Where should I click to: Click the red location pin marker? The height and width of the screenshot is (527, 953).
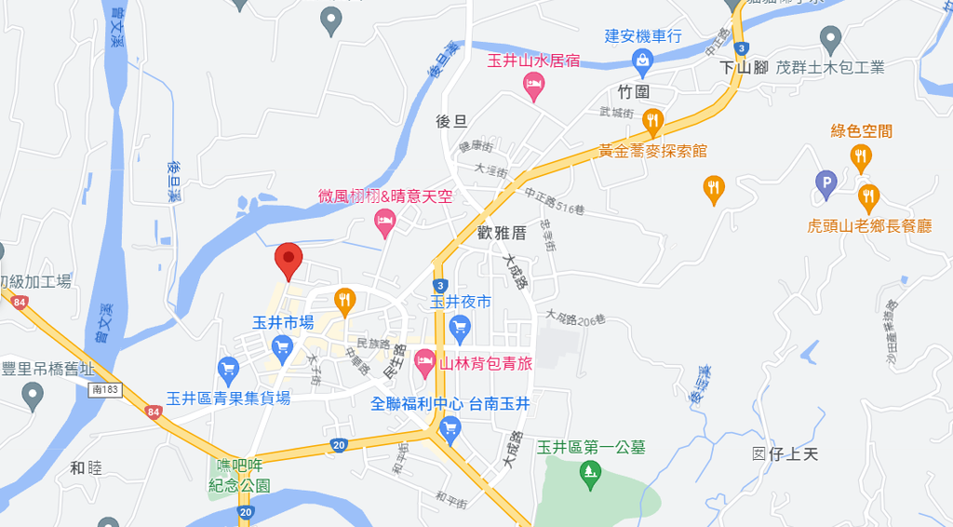click(289, 261)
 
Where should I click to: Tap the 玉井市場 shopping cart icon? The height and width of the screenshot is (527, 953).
click(283, 346)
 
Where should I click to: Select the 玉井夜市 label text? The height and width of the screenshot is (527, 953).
click(460, 302)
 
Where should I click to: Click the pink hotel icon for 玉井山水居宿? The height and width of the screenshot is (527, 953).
click(534, 87)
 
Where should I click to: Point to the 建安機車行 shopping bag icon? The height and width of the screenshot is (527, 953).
click(642, 61)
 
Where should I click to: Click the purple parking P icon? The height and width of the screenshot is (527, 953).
click(825, 183)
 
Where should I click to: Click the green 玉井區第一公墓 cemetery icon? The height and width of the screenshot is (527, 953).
click(589, 474)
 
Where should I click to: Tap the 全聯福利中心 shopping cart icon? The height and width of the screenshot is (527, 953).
click(450, 428)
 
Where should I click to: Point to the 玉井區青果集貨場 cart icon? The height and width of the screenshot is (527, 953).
click(228, 368)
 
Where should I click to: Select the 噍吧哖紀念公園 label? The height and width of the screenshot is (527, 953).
click(238, 477)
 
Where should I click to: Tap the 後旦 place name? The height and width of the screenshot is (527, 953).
click(450, 121)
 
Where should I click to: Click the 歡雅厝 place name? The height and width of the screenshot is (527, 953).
click(501, 234)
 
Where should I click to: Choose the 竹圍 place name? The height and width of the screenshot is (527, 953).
click(633, 91)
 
